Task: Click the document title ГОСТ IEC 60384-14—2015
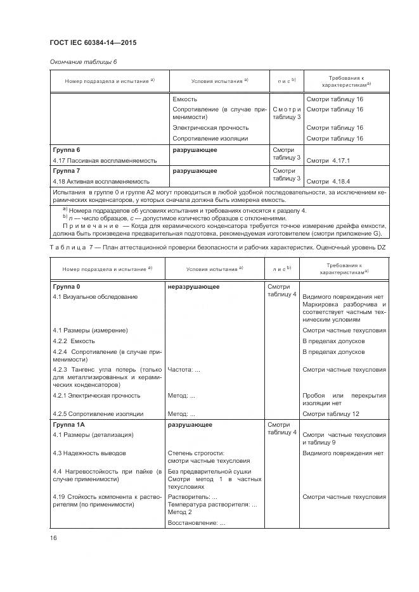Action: (93, 43)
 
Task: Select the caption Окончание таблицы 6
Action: (83, 61)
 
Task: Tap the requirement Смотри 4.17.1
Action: (328, 161)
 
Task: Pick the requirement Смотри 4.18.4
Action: (328, 181)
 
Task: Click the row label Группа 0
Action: (66, 287)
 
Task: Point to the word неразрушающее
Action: (193, 287)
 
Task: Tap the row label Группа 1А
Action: (68, 425)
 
